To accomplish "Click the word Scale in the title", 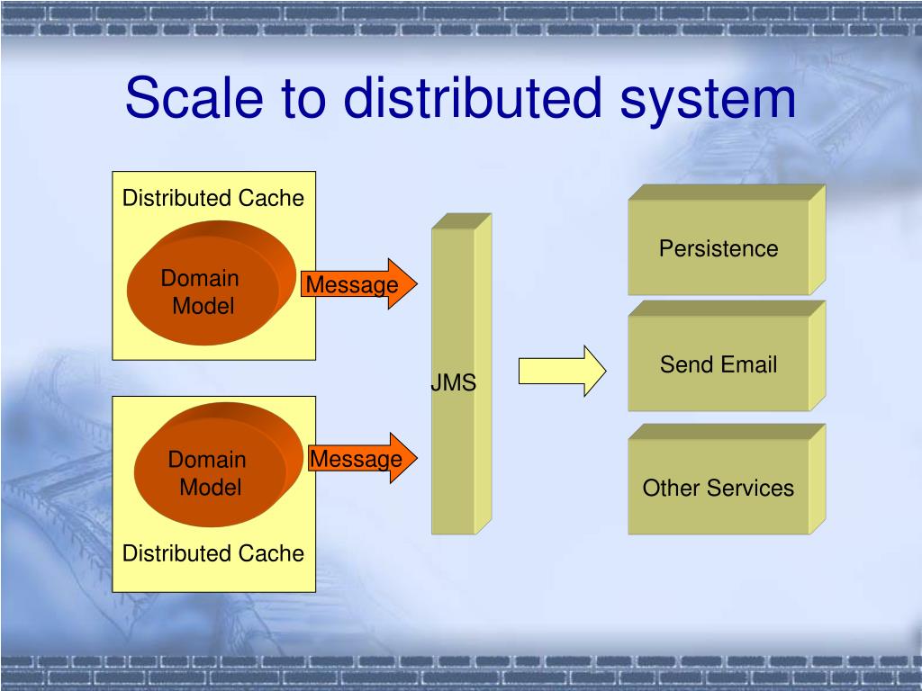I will tap(185, 98).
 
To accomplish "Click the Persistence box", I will tap(719, 248).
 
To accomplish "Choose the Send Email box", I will tap(719, 364).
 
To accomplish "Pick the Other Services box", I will tap(719, 488).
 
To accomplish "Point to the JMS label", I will tap(453, 383).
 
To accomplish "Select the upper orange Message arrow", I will tap(357, 284).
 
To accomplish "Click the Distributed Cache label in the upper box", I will tap(213, 198).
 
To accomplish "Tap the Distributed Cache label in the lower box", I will tap(213, 553).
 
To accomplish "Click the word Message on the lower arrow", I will tap(356, 459).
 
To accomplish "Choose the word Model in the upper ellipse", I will tap(203, 306).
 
